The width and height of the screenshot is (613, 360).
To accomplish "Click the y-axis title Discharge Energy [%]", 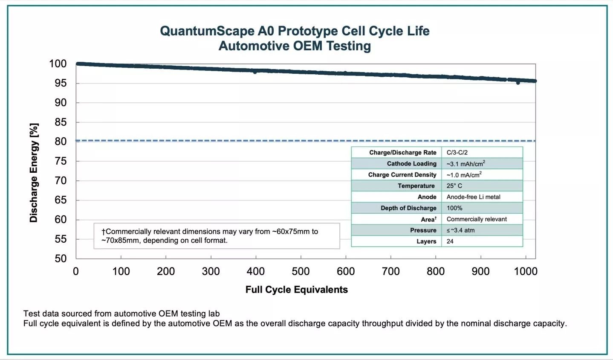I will coord(34,173).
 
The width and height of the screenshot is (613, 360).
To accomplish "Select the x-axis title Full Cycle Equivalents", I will coord(296,290).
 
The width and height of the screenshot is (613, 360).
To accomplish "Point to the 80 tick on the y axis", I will coord(61,142).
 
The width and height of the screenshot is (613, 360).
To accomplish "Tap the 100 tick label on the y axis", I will coord(58,64).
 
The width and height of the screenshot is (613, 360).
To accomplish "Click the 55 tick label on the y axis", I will coord(61,239).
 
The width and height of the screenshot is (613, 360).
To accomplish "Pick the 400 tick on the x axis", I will coord(256,271).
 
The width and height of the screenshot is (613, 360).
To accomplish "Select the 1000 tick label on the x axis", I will coord(526,271).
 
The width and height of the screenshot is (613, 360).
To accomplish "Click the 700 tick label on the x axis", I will coord(390,271).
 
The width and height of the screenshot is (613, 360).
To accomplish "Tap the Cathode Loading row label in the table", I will coord(411,164).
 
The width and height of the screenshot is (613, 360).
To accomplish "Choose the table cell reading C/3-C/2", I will coord(457,153).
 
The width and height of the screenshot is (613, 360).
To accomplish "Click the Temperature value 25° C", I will coord(454,186).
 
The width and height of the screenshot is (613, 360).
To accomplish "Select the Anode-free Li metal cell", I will coord(473,197).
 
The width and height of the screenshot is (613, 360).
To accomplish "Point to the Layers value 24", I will coord(450,241).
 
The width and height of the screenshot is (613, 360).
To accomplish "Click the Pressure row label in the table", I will coord(423,230).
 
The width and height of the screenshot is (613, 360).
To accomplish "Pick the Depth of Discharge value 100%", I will coord(454,208).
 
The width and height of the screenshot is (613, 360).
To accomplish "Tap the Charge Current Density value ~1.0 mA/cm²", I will coord(464,175).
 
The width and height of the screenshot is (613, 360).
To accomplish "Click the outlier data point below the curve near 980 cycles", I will coord(518,83).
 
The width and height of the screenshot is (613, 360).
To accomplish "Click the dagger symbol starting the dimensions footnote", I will coord(103,232).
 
